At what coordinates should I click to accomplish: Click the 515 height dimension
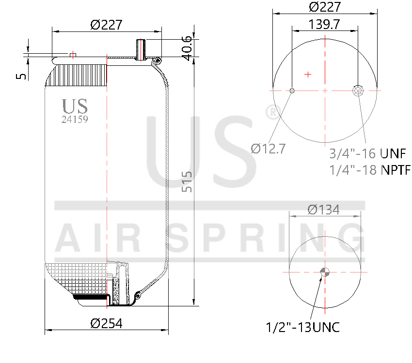pyautogui.click(x=187, y=181)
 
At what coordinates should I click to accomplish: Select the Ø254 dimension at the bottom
pyautogui.click(x=106, y=323)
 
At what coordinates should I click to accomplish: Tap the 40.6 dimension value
pyautogui.click(x=187, y=47)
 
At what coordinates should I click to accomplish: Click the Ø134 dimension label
pyautogui.click(x=324, y=209)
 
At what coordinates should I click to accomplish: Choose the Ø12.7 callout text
pyautogui.click(x=268, y=149)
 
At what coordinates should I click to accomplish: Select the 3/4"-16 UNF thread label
pyautogui.click(x=367, y=154)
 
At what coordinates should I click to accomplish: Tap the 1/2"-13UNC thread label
pyautogui.click(x=303, y=327)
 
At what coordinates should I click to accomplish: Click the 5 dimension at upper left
pyautogui.click(x=21, y=76)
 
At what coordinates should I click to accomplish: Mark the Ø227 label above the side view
pyautogui.click(x=106, y=25)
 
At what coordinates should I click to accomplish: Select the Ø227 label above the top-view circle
pyautogui.click(x=325, y=7)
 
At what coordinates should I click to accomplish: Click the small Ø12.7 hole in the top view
pyautogui.click(x=292, y=91)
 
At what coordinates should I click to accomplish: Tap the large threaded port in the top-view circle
pyautogui.click(x=358, y=91)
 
